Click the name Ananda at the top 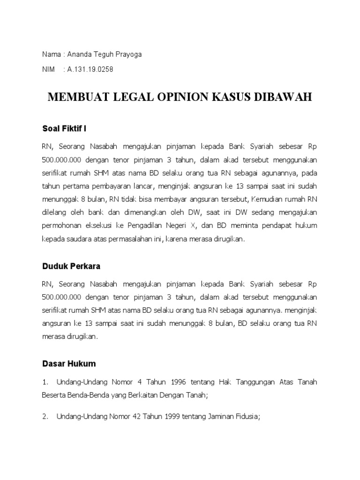click(x=81, y=54)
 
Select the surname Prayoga click(x=127, y=54)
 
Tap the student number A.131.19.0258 click(x=90, y=69)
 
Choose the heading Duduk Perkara click(x=71, y=266)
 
